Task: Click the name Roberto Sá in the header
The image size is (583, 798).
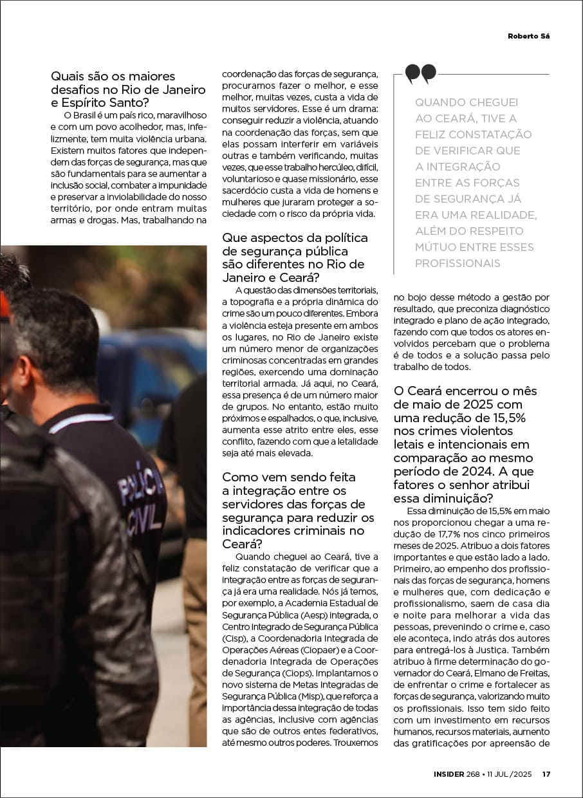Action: click(529, 36)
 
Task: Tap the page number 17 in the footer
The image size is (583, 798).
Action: click(546, 774)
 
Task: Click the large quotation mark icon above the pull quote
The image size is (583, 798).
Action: click(421, 74)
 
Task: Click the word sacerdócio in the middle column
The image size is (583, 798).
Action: click(246, 190)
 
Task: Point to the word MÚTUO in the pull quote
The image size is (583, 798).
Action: click(437, 247)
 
